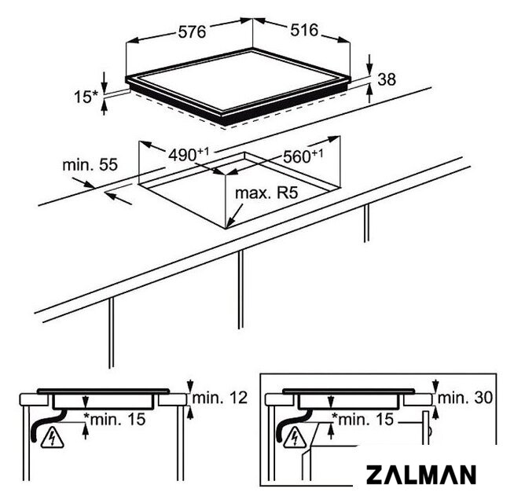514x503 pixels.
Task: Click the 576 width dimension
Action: [x=192, y=31]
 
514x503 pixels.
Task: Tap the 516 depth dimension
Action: [x=304, y=30]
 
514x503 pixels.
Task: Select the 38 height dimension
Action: [x=387, y=79]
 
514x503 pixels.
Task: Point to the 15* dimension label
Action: [x=86, y=97]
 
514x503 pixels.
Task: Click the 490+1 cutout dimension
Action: [x=189, y=155]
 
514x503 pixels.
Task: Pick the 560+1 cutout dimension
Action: [x=303, y=156]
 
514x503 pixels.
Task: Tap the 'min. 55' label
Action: [x=90, y=164]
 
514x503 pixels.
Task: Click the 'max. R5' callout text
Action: [x=266, y=193]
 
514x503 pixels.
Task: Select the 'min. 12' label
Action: [x=219, y=398]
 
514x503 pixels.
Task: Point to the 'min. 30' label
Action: [x=464, y=398]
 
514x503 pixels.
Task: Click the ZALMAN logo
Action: [x=421, y=475]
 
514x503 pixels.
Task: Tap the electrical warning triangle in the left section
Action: [x=53, y=438]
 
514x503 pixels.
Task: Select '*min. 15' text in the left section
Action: [x=115, y=419]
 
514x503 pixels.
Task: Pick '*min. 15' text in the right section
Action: [x=362, y=419]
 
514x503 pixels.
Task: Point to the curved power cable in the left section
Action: [x=46, y=426]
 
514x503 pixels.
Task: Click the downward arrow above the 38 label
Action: [x=369, y=64]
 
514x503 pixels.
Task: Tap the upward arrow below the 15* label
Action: [x=105, y=108]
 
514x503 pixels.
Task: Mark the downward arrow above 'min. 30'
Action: [x=435, y=386]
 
